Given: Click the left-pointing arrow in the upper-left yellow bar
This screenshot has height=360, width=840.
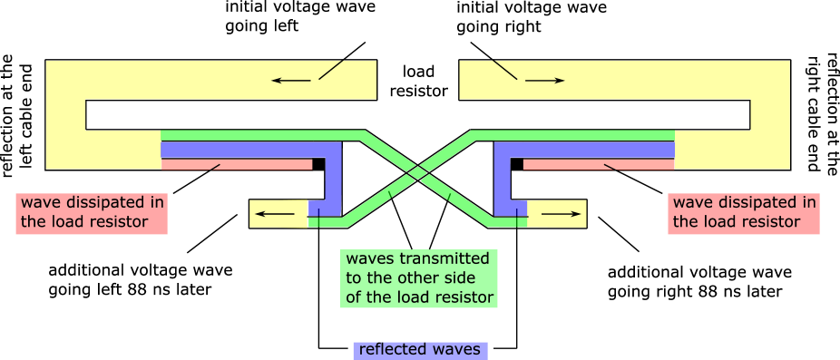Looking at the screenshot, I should click(290, 81).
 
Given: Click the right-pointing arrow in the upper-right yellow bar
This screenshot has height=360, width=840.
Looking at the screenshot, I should click(544, 81).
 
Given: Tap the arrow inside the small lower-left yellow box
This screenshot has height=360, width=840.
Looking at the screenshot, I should click(275, 215).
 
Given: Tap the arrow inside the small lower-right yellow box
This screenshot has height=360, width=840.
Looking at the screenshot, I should click(562, 214).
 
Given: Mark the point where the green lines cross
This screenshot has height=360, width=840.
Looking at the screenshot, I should click(418, 172).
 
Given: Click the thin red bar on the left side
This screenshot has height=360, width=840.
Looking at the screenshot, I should click(236, 165).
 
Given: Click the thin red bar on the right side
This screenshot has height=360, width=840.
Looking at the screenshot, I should click(599, 165).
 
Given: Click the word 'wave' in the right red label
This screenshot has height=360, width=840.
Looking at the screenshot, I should click(690, 202).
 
